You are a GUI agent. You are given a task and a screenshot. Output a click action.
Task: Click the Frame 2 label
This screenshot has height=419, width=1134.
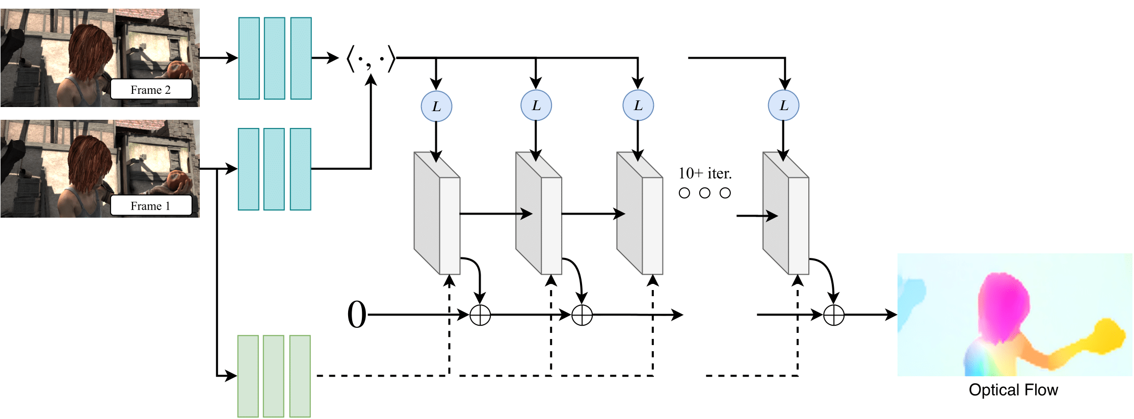coord(151,90)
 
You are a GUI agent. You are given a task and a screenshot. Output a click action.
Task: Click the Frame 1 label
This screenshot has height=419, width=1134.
coord(151,206)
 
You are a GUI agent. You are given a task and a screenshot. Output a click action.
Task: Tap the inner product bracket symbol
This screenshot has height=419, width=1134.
coord(371,59)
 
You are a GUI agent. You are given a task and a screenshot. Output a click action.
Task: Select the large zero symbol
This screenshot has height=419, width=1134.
coord(357,315)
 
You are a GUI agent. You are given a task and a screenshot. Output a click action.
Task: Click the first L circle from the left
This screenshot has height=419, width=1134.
coord(436,106)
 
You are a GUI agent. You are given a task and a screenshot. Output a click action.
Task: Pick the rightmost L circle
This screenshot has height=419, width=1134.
coord(783,106)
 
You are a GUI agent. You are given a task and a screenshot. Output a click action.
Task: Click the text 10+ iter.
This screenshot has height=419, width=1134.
coord(705,174)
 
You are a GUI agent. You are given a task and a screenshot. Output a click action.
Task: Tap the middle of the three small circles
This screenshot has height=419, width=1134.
coord(705,193)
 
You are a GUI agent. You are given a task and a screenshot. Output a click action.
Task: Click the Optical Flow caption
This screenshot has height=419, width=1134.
coord(1013,390)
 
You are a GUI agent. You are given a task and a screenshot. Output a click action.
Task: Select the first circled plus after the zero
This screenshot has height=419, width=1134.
coord(480,315)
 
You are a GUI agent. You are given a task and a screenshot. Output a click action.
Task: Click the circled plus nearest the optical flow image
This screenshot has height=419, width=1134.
coord(834,315)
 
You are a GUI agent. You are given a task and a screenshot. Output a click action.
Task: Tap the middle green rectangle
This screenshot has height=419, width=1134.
coord(274,376)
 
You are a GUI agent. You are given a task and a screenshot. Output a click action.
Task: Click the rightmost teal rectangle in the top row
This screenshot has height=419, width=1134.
coord(301,58)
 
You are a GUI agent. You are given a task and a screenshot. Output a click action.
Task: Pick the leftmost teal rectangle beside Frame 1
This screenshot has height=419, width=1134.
coord(249,169)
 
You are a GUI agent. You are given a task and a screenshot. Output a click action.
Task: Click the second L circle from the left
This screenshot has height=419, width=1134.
coord(536,106)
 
